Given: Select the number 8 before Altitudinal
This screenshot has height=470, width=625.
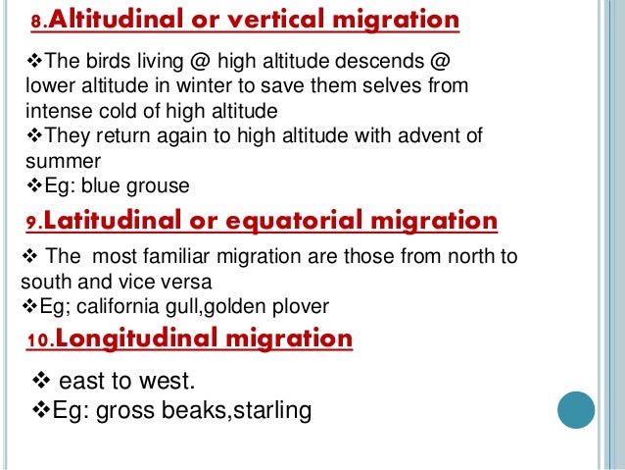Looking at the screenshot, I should coord(36,23).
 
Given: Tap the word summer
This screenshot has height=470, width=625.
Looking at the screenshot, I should coord(55,157).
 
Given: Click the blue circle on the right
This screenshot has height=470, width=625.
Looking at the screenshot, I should coord(576,410).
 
